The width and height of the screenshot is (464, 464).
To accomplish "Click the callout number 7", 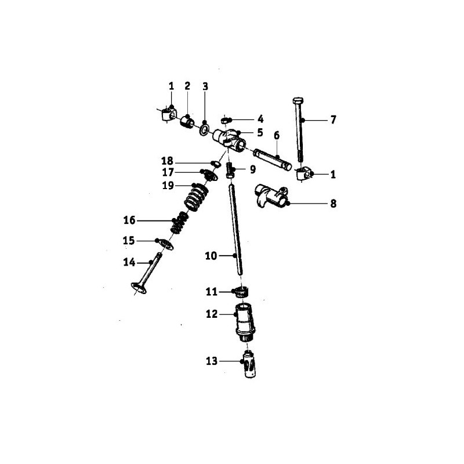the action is click(x=333, y=120).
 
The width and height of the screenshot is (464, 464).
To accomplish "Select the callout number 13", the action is click(x=212, y=361).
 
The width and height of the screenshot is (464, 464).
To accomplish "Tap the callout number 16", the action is click(x=129, y=220).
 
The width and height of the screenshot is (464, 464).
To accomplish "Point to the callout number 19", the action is click(x=168, y=186).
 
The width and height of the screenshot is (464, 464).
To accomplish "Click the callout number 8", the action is click(x=333, y=204).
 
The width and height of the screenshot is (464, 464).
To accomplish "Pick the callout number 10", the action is click(x=211, y=256).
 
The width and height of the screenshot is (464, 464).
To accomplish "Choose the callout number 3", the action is click(x=205, y=86).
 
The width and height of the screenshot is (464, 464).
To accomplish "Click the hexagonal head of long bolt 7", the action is click(x=298, y=100).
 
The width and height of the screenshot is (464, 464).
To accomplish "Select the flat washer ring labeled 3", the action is click(x=204, y=129).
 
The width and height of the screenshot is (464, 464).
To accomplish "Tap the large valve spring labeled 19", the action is click(x=196, y=197).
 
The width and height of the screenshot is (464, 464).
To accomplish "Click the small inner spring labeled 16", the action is click(x=179, y=223).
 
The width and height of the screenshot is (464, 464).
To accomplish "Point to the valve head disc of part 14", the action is click(x=139, y=288).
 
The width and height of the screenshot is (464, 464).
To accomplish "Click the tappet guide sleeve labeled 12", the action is click(x=245, y=324).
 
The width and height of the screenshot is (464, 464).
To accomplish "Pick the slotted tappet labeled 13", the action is click(x=250, y=364).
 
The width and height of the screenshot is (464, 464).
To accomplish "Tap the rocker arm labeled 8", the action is click(x=271, y=197).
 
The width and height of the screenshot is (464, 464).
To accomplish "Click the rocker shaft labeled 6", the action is click(x=272, y=160).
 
